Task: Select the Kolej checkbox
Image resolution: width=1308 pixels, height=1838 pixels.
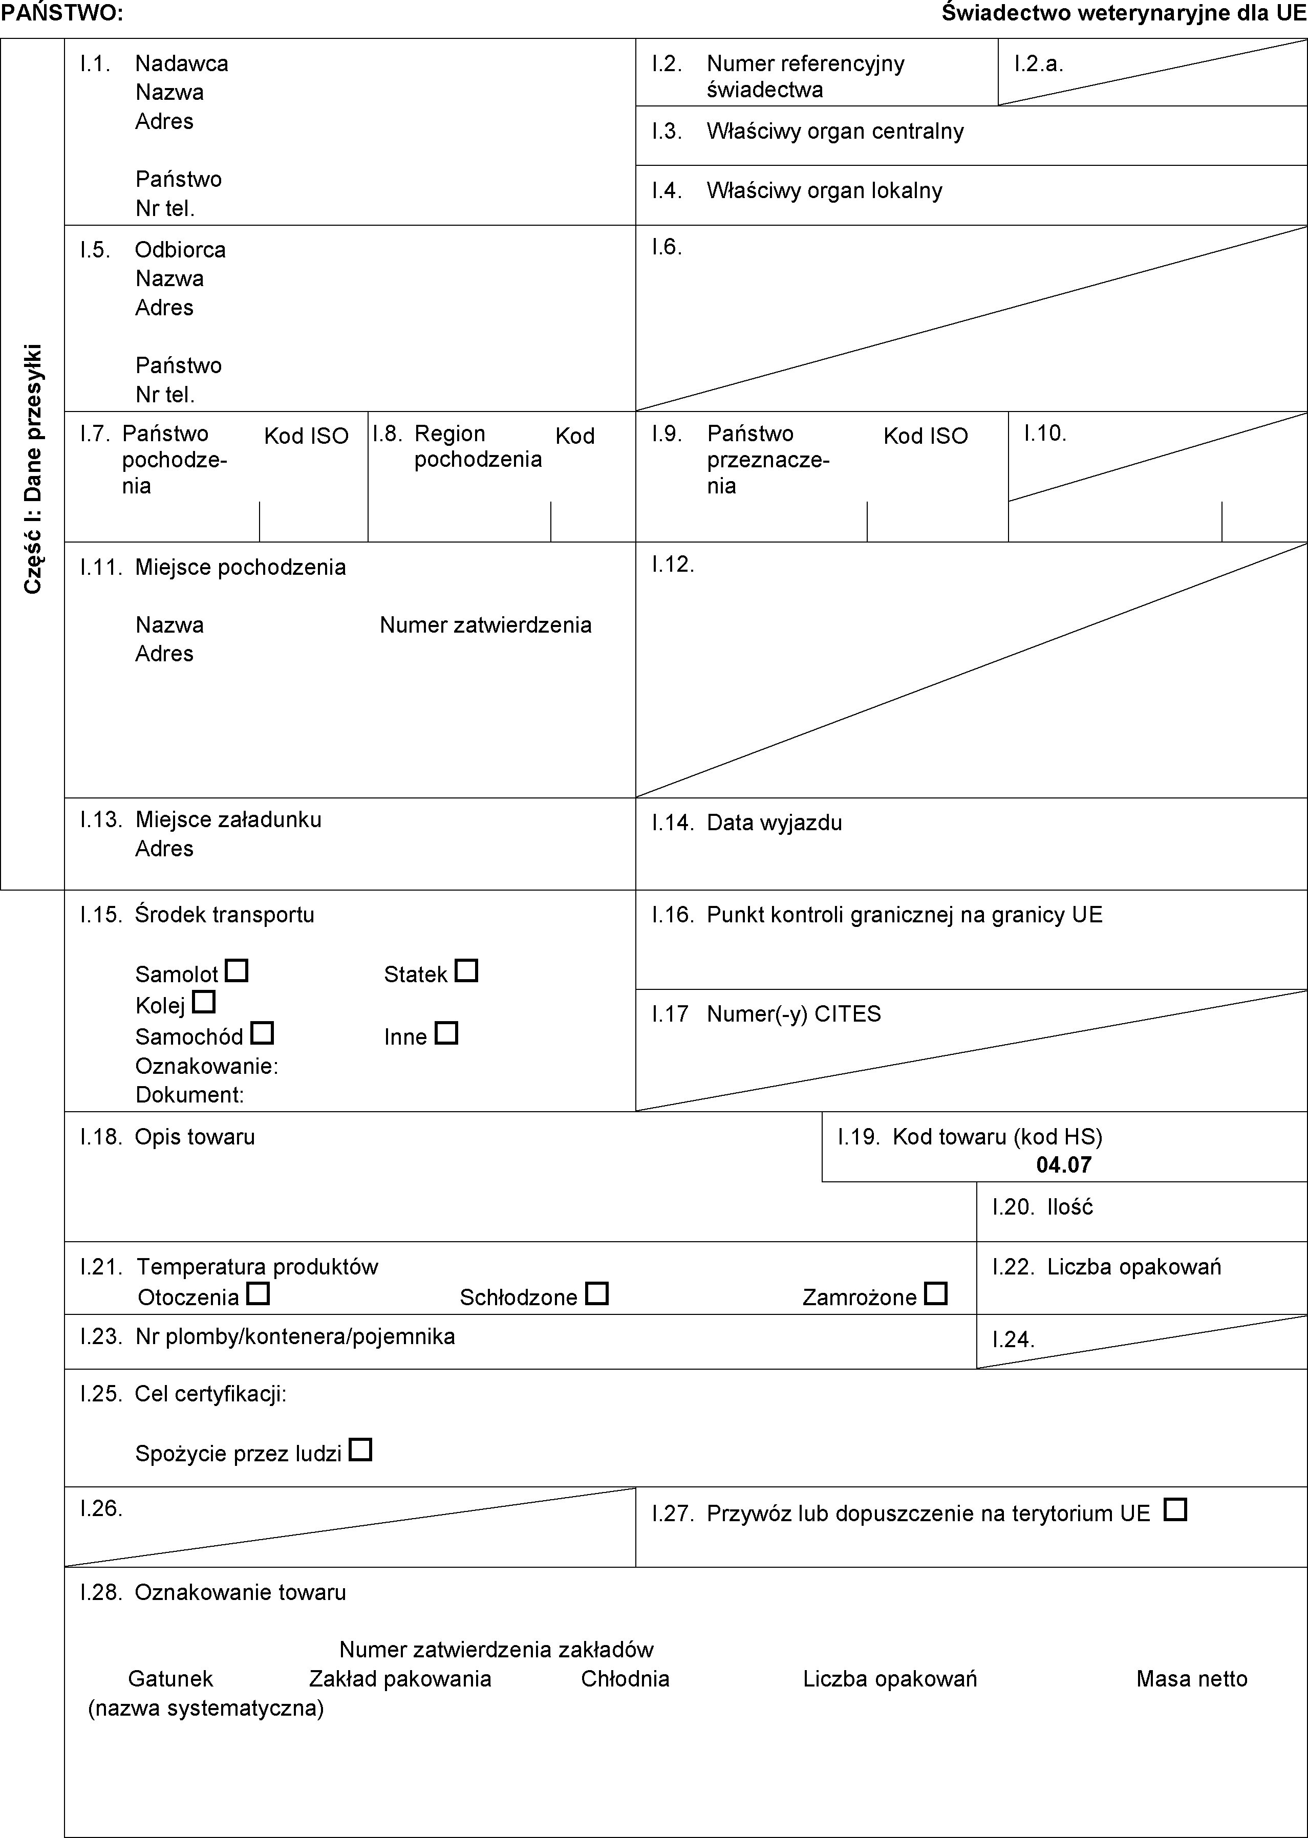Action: coord(205,1002)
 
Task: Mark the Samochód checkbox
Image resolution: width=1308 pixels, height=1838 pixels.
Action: coord(263,1033)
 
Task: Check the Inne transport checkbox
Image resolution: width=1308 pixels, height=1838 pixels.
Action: coord(446,1033)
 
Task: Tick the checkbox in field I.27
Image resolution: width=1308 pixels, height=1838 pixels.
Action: coord(1175,1509)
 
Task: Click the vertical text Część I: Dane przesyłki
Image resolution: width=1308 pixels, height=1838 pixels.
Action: coord(32,469)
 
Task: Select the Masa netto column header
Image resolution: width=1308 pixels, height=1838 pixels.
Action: coord(1191,1679)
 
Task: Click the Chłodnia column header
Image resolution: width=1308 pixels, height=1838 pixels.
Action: coord(625,1679)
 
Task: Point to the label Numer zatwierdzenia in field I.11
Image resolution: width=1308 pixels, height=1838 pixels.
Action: coord(486,625)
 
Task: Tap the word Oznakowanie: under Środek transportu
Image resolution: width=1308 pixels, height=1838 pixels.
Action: coord(207,1066)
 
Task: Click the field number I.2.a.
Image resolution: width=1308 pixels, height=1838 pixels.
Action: coord(1039,63)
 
